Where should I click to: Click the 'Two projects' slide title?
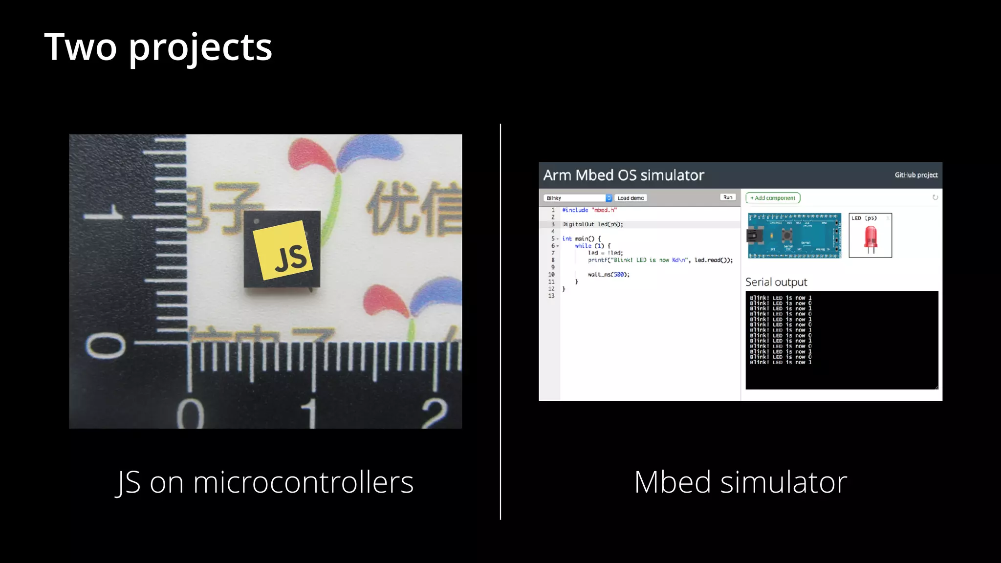coord(158,47)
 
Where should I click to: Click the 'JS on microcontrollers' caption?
coord(264,482)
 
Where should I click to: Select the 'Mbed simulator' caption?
coord(740,482)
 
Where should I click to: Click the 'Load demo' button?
coord(631,198)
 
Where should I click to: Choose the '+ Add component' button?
coord(773,198)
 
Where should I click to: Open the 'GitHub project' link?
coord(916,175)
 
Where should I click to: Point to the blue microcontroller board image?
coord(794,236)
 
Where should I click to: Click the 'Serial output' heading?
coord(776,282)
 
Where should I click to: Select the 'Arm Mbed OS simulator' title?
coord(624,175)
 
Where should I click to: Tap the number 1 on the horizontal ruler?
coord(310,413)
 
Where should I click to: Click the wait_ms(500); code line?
coord(609,275)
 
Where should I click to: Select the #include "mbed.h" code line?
coord(589,210)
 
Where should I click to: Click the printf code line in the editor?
coord(660,260)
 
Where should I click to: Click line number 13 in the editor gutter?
coord(551,296)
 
